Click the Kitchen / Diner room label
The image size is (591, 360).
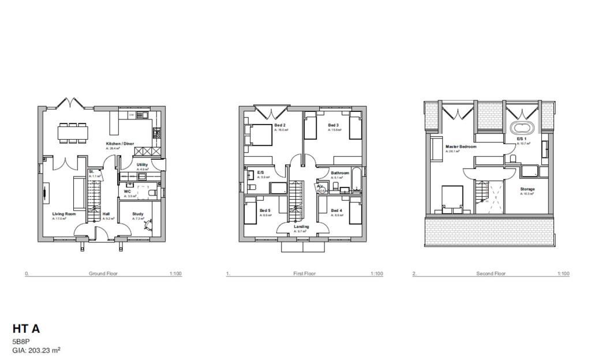point(120,143)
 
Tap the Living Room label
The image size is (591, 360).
point(64,214)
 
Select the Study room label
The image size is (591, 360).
point(138,214)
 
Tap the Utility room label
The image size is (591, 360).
point(143,165)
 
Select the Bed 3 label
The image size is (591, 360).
point(333,125)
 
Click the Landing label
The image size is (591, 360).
point(301,227)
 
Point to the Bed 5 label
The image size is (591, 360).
point(265,210)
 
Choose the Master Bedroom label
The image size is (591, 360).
point(461,147)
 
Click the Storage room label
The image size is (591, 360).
point(527,189)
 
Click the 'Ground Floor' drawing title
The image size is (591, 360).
point(103,273)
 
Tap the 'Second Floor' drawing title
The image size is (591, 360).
point(491,273)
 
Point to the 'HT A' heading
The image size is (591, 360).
point(26,329)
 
